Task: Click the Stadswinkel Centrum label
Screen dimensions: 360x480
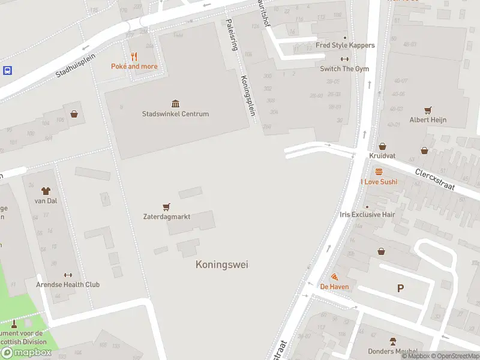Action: pos(175,114)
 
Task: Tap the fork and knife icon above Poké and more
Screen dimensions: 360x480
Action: pos(134,57)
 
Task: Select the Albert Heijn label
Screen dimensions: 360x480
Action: pos(428,120)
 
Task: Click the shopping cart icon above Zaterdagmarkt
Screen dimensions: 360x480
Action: pos(166,207)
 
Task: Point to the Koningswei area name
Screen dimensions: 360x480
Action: pos(221,265)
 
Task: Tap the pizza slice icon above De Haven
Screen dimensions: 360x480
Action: pos(334,277)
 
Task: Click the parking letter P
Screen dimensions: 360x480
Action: pos(400,289)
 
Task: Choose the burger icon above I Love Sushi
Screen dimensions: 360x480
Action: pos(379,172)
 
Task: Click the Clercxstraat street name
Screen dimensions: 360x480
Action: pos(435,179)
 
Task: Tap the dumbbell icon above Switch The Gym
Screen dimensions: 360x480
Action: pos(344,59)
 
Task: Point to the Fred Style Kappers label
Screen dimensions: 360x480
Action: pos(345,46)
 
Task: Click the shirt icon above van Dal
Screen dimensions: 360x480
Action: pos(46,191)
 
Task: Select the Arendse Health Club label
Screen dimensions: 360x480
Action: pos(68,284)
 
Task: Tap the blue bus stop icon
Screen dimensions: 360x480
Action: pos(7,70)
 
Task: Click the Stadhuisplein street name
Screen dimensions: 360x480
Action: pos(76,64)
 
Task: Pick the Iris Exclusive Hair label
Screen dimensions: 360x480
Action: pos(367,214)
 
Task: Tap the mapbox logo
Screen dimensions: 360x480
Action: pos(26,353)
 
